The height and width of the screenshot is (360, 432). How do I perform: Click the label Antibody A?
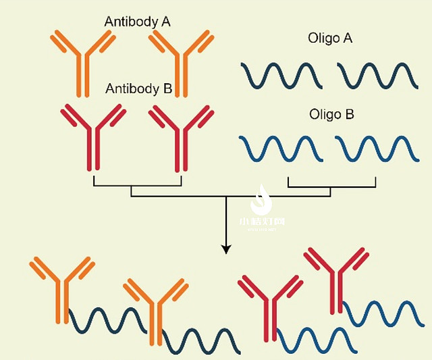(x=137, y=22)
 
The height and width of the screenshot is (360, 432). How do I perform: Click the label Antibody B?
(x=139, y=88)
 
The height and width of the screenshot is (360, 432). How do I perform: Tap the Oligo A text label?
(x=329, y=38)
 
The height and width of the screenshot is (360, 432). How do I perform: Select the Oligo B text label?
(x=331, y=114)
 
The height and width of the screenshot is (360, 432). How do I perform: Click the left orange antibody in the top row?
(x=80, y=61)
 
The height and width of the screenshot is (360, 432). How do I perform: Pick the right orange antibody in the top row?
(x=180, y=61)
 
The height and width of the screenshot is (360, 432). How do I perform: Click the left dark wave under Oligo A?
(x=281, y=75)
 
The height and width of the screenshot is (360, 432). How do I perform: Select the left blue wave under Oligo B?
(x=281, y=148)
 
